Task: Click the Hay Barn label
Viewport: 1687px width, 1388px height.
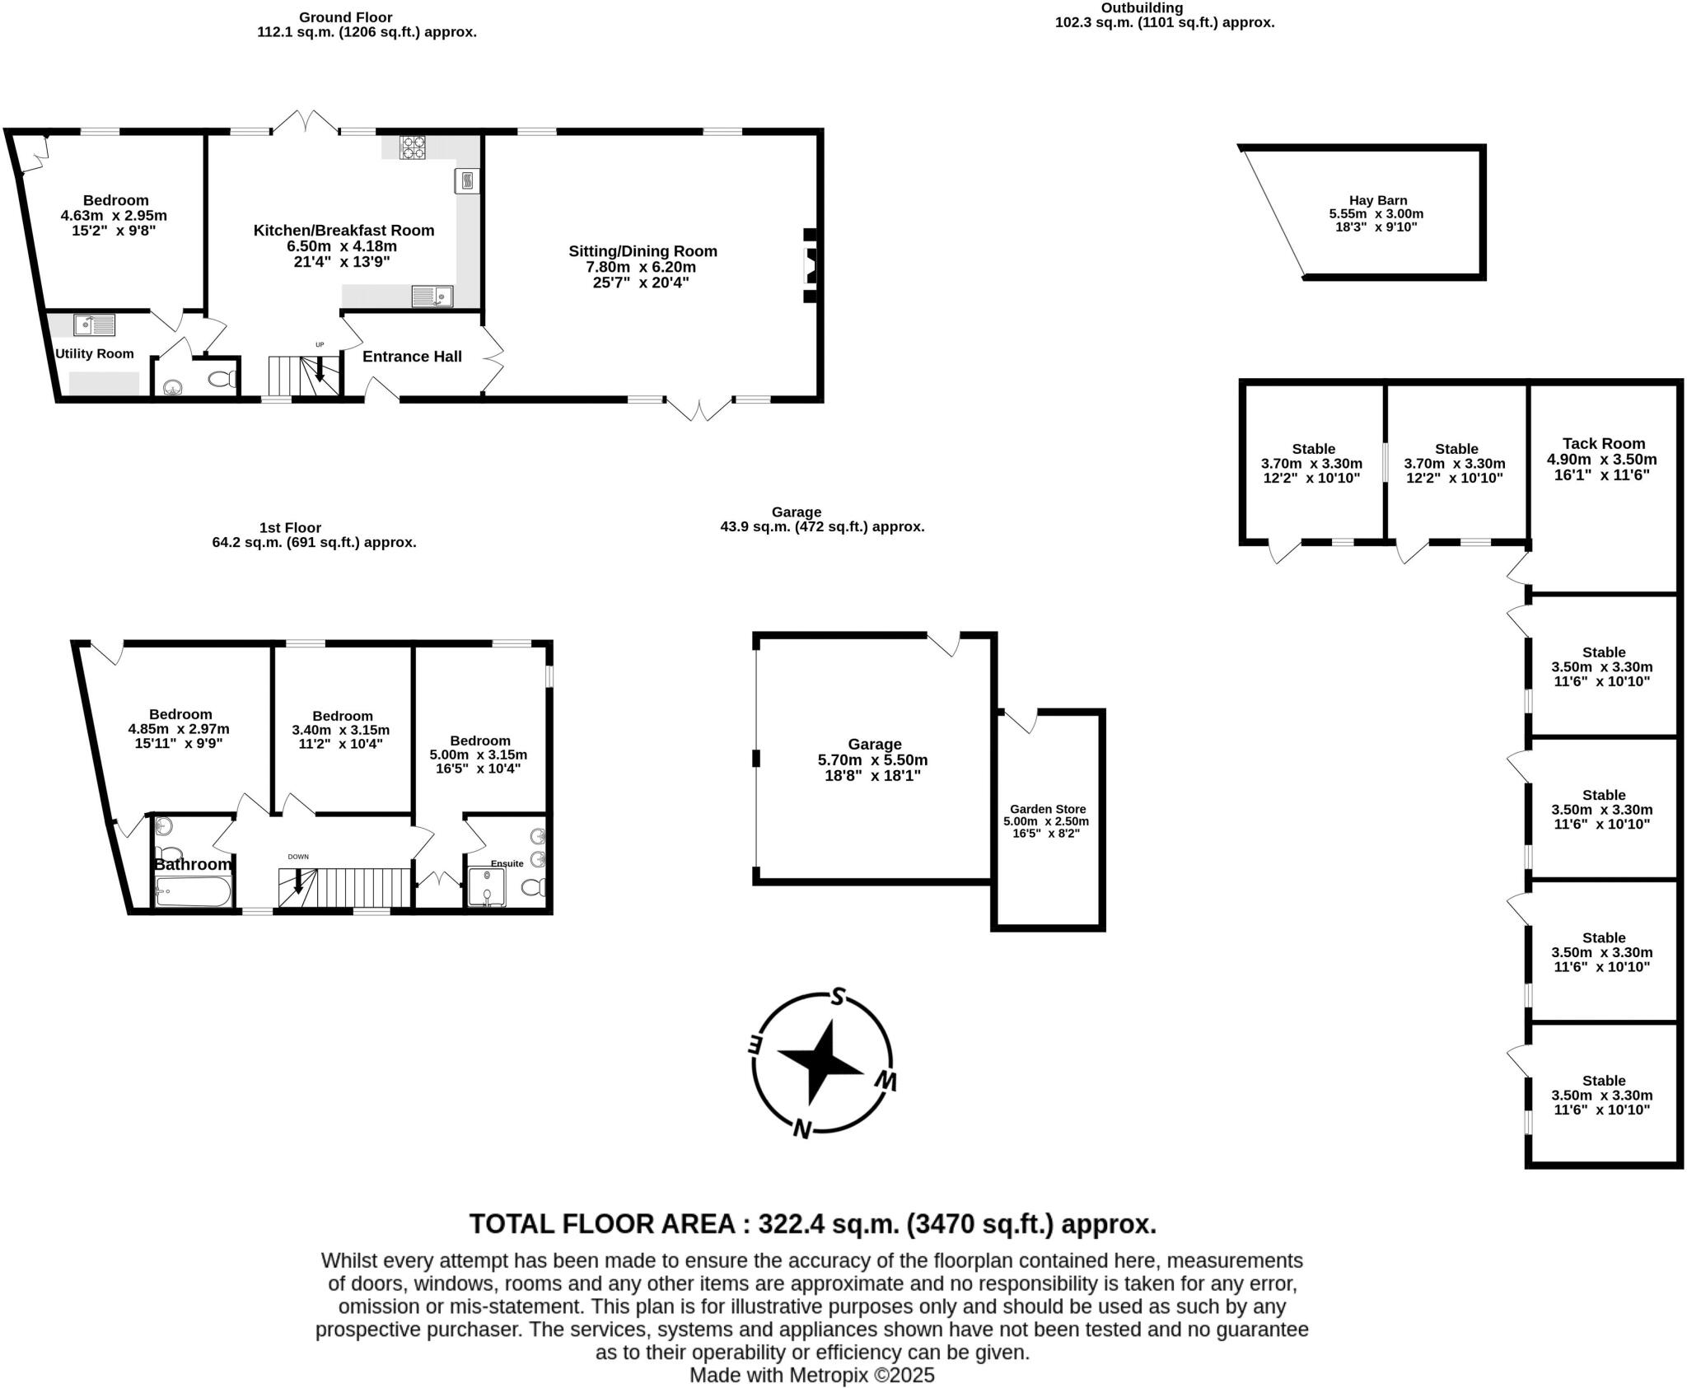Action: pos(1377,200)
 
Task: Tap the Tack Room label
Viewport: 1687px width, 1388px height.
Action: pos(1603,444)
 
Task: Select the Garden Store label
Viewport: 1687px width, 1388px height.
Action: pos(1048,809)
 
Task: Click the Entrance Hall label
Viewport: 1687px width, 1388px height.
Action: pos(412,357)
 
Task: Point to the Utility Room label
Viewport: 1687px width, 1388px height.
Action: pos(94,354)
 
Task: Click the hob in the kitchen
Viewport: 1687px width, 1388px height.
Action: pos(413,147)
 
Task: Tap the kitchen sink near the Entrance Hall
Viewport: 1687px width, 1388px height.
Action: pos(432,296)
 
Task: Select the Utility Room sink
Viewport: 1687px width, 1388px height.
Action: pos(94,325)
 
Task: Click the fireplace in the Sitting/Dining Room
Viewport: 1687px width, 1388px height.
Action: pos(811,266)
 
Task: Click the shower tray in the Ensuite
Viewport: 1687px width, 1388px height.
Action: pos(486,887)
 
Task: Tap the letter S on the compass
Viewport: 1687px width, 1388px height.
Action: pos(838,997)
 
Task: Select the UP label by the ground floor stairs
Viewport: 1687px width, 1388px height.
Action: pos(320,344)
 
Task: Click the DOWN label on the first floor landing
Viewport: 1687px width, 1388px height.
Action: pos(298,857)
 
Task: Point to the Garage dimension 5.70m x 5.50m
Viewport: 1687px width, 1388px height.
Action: pos(872,760)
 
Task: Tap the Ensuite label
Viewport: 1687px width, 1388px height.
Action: pos(507,863)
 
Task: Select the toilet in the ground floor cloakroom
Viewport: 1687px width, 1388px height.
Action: pos(222,380)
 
